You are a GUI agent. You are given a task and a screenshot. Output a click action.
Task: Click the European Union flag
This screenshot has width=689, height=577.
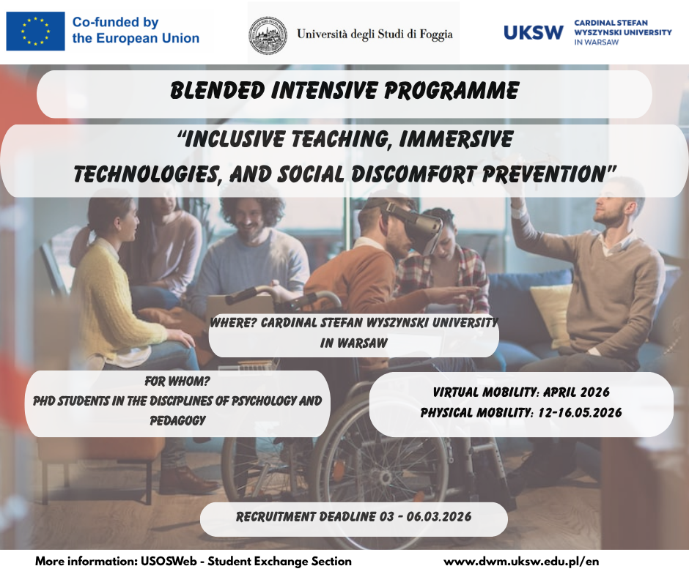click(35, 31)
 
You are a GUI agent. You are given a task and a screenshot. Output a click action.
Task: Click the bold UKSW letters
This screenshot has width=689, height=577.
click(533, 32)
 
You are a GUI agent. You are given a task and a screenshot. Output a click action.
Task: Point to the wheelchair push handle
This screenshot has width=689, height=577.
click(246, 296)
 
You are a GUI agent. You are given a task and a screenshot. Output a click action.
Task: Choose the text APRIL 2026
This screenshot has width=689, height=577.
click(576, 392)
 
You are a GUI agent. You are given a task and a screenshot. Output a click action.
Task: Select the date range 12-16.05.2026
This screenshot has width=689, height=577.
click(580, 412)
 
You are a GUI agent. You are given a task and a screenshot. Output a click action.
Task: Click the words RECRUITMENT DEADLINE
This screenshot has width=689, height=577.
click(306, 517)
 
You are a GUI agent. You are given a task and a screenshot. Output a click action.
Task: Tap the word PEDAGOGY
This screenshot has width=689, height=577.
click(178, 421)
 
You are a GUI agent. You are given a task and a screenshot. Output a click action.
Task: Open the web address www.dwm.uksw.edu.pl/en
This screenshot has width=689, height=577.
click(521, 562)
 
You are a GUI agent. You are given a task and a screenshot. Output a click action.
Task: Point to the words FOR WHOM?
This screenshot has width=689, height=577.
click(177, 381)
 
